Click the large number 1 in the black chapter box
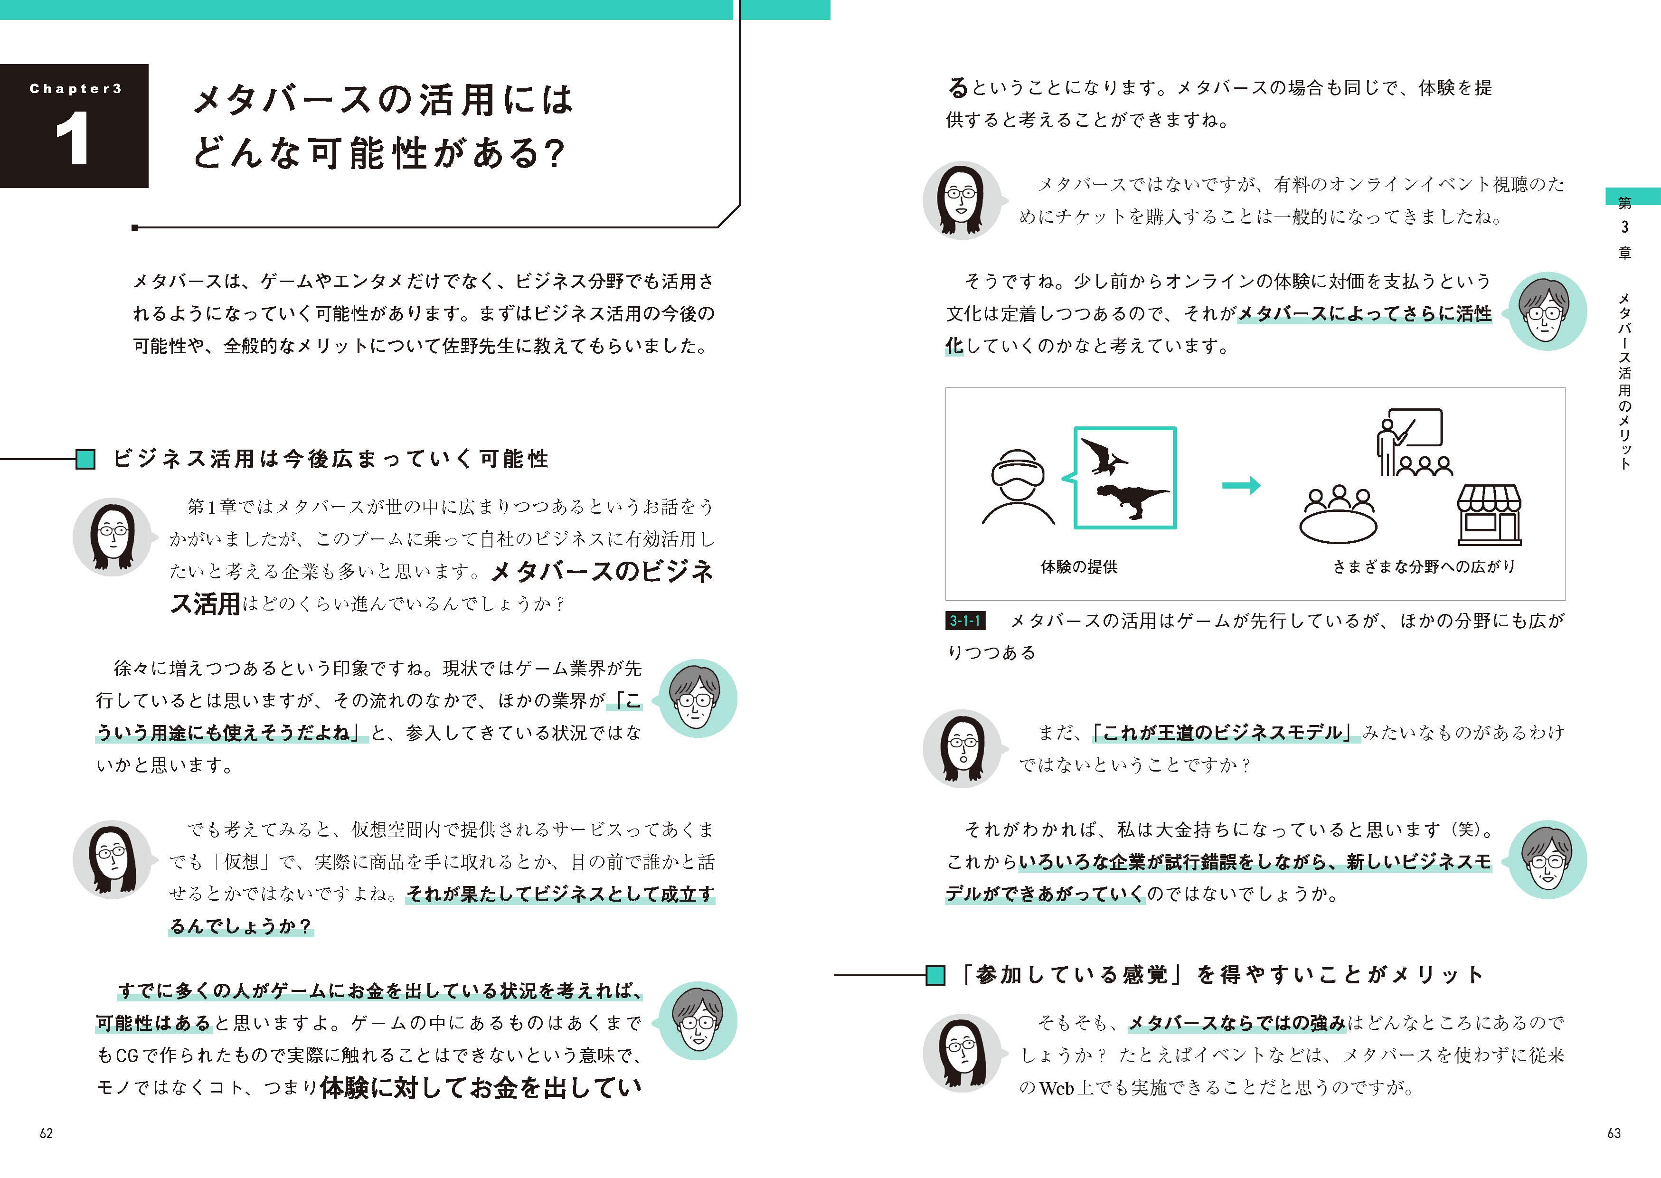click(x=73, y=139)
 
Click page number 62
click(x=47, y=1133)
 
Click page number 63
click(x=1614, y=1133)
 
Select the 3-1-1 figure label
click(x=965, y=621)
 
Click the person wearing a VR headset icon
click(x=1018, y=486)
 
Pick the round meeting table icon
click(x=1338, y=517)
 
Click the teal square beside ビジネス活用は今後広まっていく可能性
click(x=85, y=459)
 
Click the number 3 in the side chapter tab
click(x=1625, y=227)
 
